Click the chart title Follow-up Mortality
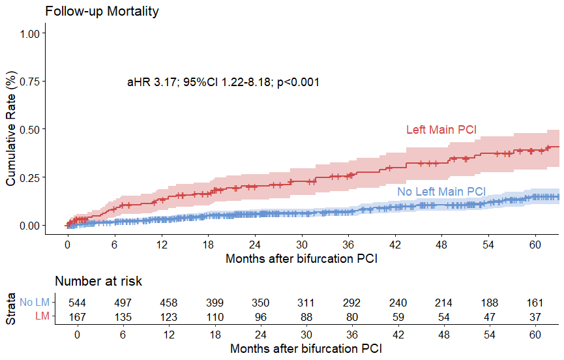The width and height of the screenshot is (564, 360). click(102, 12)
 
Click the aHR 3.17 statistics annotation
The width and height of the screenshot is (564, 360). click(223, 83)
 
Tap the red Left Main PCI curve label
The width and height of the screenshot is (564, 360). click(441, 130)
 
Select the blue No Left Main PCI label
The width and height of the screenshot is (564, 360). click(441, 191)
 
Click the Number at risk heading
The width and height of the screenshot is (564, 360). click(98, 282)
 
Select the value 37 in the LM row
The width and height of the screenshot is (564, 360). click(535, 316)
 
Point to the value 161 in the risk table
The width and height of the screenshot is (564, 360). click(535, 303)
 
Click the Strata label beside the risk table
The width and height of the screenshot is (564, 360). click(11, 310)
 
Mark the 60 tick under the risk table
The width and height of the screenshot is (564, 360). click(535, 334)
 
